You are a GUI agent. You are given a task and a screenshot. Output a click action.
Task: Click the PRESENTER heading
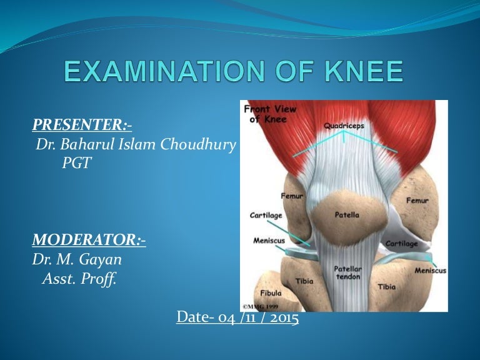click(82, 126)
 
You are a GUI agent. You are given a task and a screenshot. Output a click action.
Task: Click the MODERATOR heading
click(89, 240)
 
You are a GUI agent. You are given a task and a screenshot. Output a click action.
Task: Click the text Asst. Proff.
click(79, 279)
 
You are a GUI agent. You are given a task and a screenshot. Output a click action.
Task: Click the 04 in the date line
click(226, 317)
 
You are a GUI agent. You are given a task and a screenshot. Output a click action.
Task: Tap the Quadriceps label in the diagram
click(344, 126)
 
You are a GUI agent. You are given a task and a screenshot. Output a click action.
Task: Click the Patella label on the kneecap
click(347, 215)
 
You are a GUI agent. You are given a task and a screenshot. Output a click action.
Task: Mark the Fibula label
click(270, 292)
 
